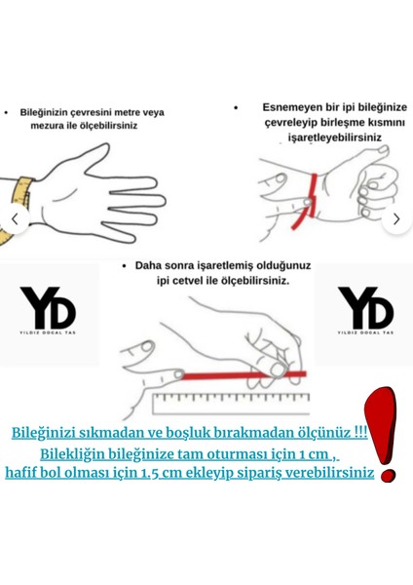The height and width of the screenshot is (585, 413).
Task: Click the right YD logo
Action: (365, 313)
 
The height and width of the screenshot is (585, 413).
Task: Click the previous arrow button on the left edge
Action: (14, 218)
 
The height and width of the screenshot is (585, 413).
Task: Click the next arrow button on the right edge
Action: (395, 219)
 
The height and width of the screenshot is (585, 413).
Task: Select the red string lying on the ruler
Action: (234, 375)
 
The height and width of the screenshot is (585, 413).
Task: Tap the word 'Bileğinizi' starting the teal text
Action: (50, 433)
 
